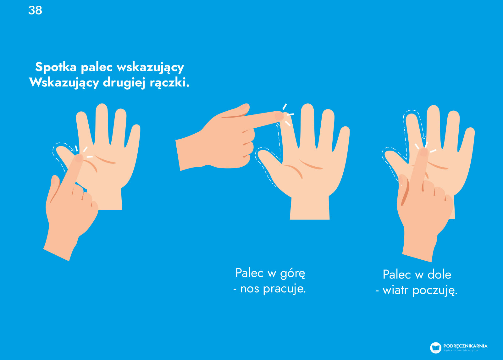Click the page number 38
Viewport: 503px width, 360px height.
point(35,10)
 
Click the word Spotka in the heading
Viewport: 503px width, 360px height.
point(56,67)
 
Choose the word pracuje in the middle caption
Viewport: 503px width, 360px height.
point(284,289)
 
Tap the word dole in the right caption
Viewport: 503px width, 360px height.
point(439,274)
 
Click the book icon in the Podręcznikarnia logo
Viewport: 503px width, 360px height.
point(436,348)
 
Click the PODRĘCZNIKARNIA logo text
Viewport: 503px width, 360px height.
point(465,346)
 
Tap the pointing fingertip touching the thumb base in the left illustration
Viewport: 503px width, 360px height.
point(79,158)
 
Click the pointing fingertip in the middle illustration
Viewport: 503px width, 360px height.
point(279,116)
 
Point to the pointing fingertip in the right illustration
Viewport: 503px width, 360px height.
point(424,152)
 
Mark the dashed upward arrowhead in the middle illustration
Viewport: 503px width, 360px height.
point(278,125)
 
